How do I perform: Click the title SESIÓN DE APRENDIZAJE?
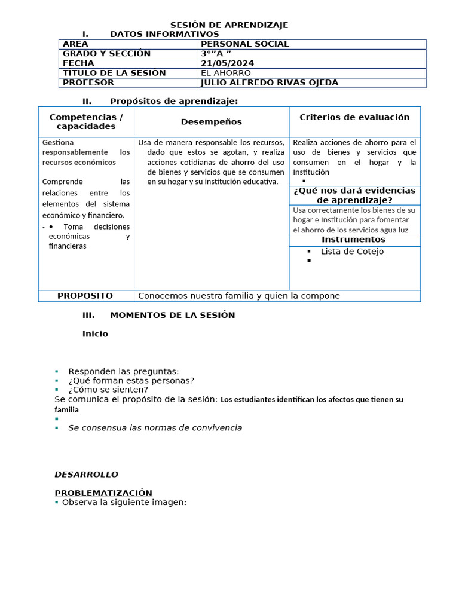point(229,25)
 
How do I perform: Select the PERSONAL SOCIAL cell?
point(244,44)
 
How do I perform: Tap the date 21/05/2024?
point(227,63)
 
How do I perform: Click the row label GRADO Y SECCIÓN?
point(106,54)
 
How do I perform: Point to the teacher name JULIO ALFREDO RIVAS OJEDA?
point(270,83)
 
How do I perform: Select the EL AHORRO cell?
point(226,73)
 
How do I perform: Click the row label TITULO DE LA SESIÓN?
point(114,73)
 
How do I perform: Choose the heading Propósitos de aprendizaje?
point(173,101)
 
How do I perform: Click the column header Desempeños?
point(212,122)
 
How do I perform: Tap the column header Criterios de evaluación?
point(354,117)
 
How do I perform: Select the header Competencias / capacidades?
point(86,122)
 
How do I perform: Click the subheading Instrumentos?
point(353,240)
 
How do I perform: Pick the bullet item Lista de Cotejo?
point(352,252)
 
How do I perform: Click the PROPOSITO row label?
point(85,296)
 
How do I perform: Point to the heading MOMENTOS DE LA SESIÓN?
point(172,315)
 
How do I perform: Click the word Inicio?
point(95,334)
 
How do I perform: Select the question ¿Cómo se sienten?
point(108,390)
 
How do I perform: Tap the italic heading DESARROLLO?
point(86,475)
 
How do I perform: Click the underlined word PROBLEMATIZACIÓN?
point(103,493)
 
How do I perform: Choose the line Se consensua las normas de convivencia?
point(155,428)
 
